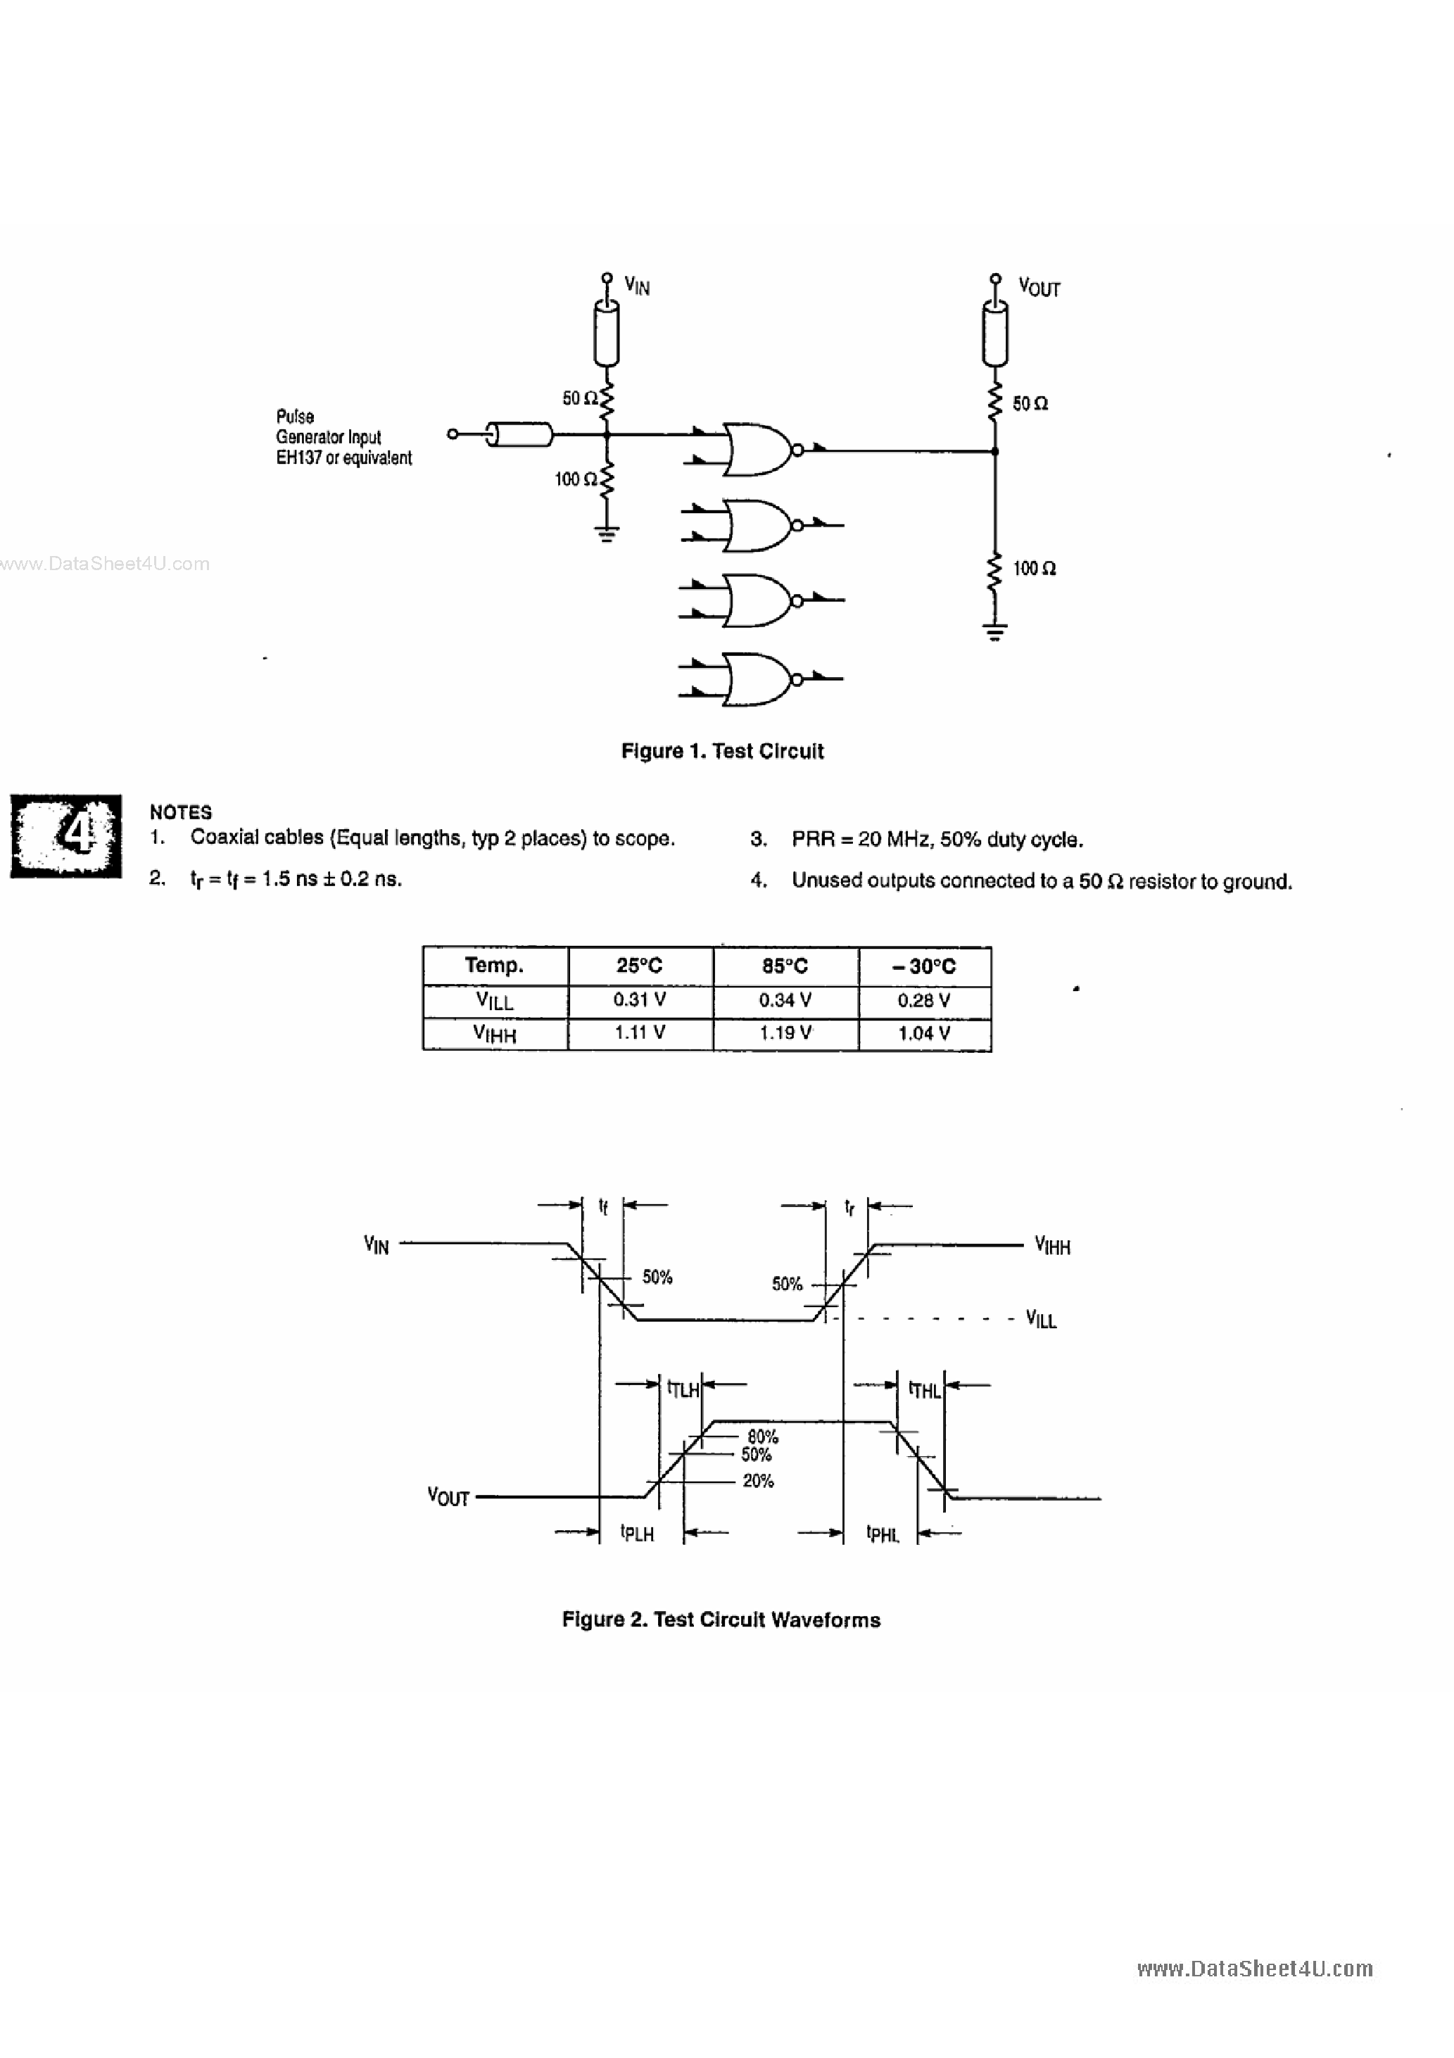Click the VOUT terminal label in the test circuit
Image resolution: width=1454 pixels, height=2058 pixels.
tap(1038, 288)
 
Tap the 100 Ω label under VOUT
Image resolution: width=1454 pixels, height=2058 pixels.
tap(1034, 568)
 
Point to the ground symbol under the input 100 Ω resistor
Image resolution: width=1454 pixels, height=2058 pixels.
tap(607, 535)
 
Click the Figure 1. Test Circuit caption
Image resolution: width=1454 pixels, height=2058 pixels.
tap(721, 751)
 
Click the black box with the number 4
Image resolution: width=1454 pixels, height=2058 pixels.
tap(65, 835)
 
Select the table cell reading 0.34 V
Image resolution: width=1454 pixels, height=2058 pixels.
tap(785, 999)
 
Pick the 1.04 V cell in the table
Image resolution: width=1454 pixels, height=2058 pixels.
tap(923, 1033)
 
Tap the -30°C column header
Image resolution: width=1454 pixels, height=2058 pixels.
tap(923, 966)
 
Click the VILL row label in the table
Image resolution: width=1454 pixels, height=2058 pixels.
tap(494, 1000)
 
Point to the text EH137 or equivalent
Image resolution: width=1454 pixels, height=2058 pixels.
tap(343, 458)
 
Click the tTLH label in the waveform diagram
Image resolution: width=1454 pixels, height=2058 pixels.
tap(682, 1389)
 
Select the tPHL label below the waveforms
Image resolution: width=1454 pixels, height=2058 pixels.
tap(882, 1534)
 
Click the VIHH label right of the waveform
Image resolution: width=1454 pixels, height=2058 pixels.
tap(1051, 1246)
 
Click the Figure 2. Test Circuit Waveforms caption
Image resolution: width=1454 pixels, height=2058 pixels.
tap(721, 1620)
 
